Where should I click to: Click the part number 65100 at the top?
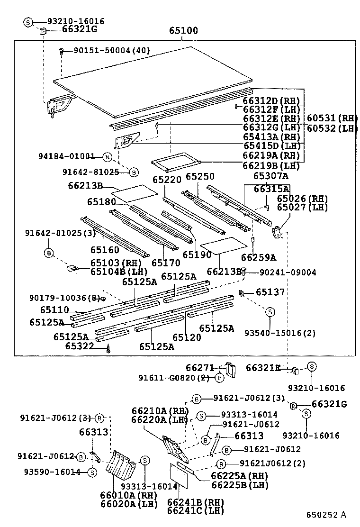183,31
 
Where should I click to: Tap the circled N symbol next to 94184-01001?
108,157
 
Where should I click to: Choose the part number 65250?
199,176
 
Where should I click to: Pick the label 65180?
101,202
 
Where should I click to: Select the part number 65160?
105,249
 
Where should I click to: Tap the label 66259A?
258,257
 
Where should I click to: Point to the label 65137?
270,292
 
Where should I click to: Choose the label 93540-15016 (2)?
280,333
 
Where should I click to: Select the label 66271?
200,367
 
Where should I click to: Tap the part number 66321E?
263,367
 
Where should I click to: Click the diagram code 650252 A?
326,514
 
